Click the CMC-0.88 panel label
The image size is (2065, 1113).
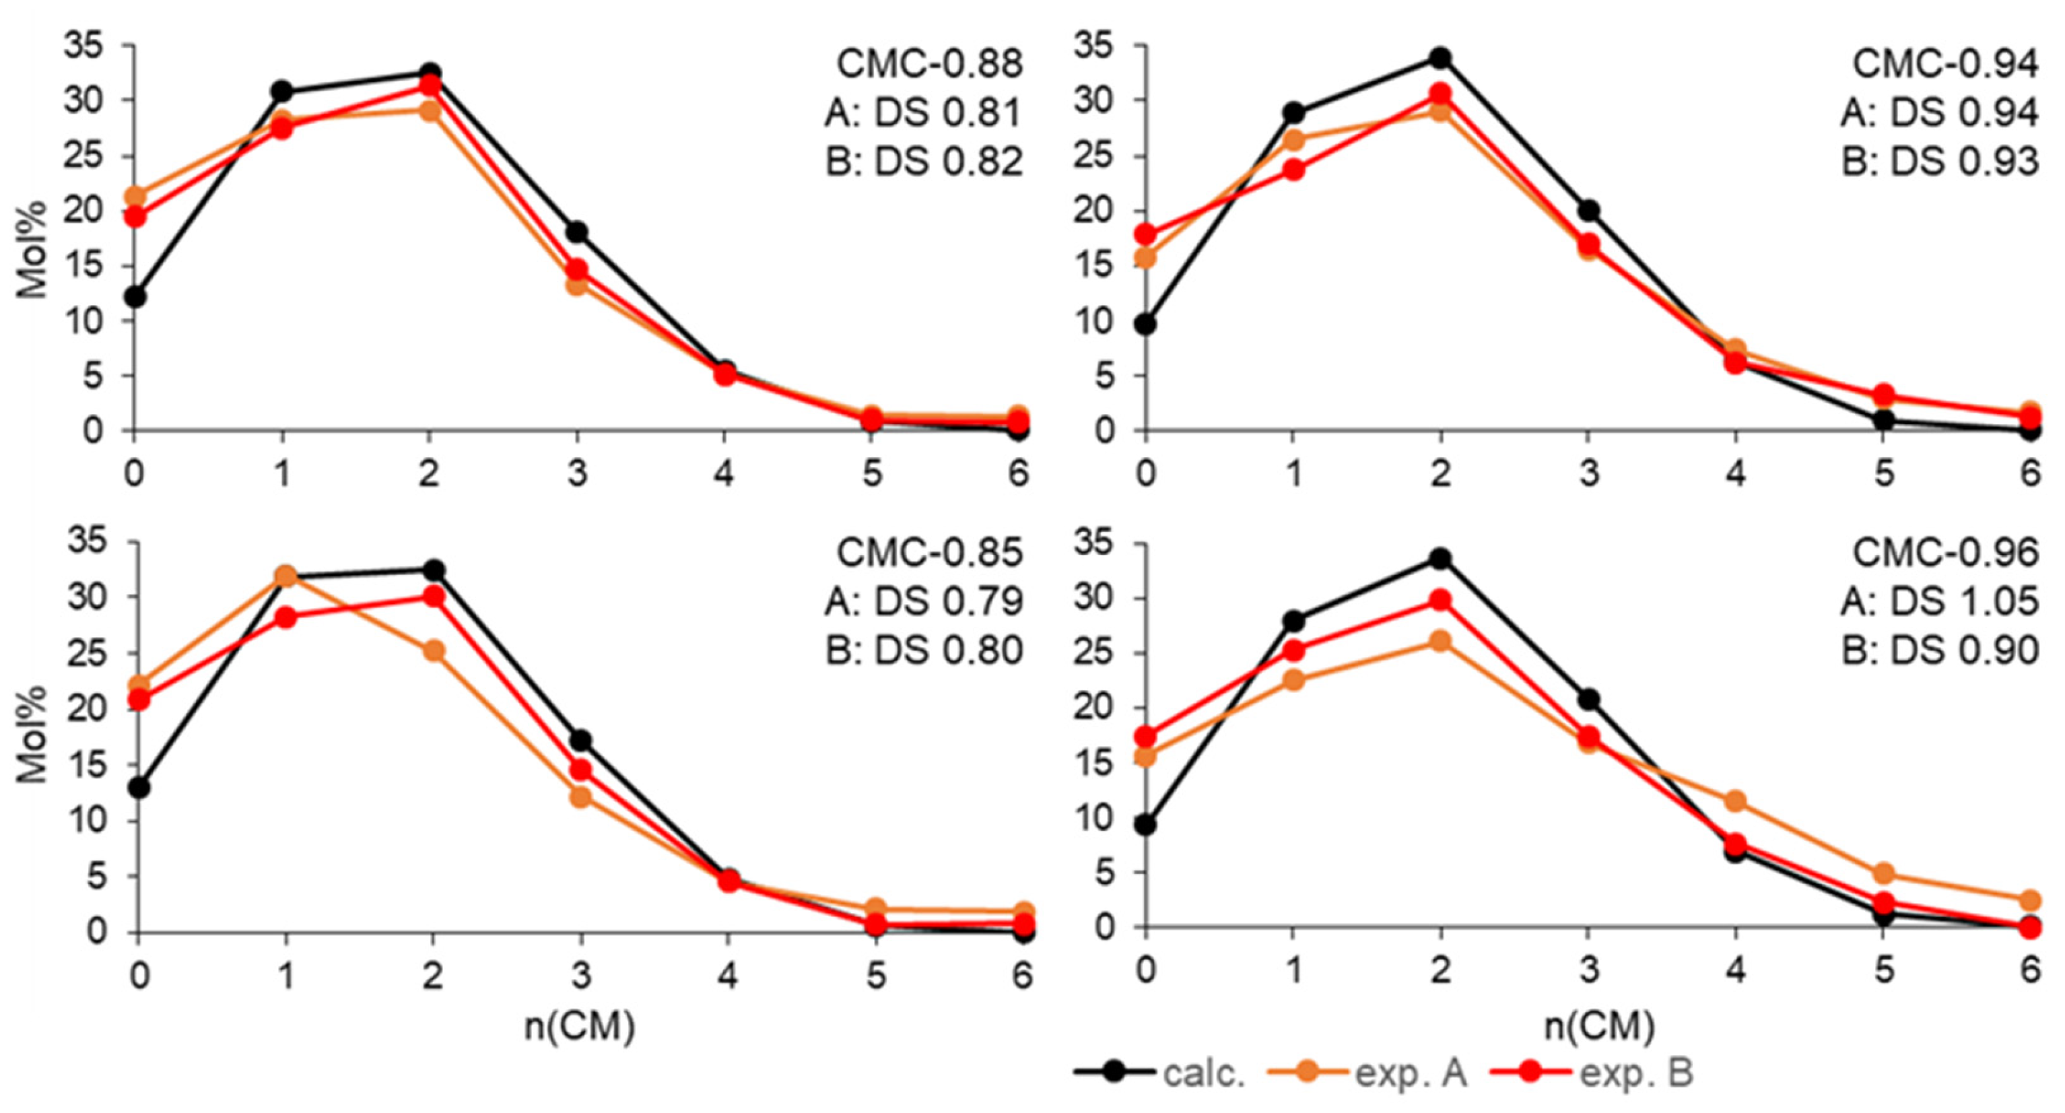(x=930, y=64)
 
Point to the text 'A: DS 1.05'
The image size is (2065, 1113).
(x=1939, y=601)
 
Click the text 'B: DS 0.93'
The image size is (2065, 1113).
(x=1939, y=162)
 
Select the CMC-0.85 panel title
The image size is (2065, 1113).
(x=930, y=553)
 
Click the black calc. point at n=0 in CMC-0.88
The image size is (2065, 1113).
(x=135, y=297)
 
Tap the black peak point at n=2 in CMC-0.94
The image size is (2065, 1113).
(x=1441, y=58)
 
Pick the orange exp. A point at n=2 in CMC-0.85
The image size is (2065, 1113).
(x=434, y=650)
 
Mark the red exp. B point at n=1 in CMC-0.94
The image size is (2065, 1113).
(x=1293, y=170)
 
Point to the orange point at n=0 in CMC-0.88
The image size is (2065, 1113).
(x=135, y=196)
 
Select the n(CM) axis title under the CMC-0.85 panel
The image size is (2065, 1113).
(x=580, y=1026)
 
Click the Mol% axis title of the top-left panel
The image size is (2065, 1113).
(x=34, y=248)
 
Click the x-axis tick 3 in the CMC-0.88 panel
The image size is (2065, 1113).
(x=577, y=473)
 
